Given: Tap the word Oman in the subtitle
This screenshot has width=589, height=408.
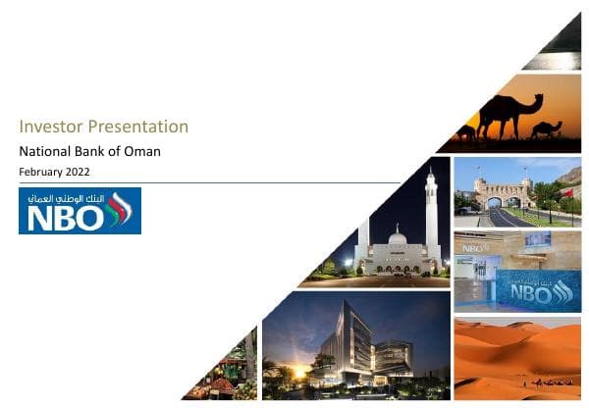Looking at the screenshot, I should tap(142, 151).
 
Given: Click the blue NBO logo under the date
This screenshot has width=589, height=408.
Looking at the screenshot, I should tap(80, 211).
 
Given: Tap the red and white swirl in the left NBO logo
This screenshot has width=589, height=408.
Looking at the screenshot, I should tap(119, 209).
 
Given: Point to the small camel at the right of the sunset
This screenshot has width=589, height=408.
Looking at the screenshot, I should tap(547, 127).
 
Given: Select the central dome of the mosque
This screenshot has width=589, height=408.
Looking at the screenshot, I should tap(398, 237).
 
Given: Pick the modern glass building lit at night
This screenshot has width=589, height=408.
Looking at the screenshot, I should tap(353, 348).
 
